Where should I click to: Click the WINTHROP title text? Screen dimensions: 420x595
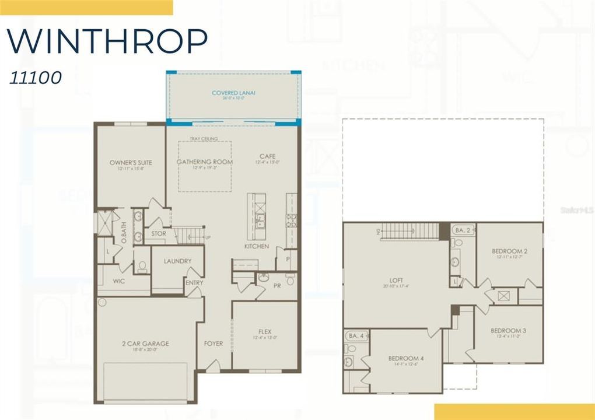click(x=107, y=40)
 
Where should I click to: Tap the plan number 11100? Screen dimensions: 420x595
click(x=35, y=78)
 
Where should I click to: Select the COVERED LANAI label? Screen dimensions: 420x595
click(x=234, y=93)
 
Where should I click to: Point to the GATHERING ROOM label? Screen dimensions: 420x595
click(x=204, y=162)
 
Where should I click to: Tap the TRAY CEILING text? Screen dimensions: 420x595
click(x=204, y=139)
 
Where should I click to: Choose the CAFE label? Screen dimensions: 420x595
click(x=268, y=156)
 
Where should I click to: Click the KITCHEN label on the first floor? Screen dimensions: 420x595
click(x=257, y=246)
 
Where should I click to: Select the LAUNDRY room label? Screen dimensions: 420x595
click(x=177, y=261)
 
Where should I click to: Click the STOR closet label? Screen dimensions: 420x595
click(x=159, y=233)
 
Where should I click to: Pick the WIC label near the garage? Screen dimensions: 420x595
click(x=120, y=281)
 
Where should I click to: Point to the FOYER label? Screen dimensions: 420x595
click(x=213, y=344)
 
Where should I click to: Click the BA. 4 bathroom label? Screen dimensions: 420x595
click(x=353, y=336)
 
